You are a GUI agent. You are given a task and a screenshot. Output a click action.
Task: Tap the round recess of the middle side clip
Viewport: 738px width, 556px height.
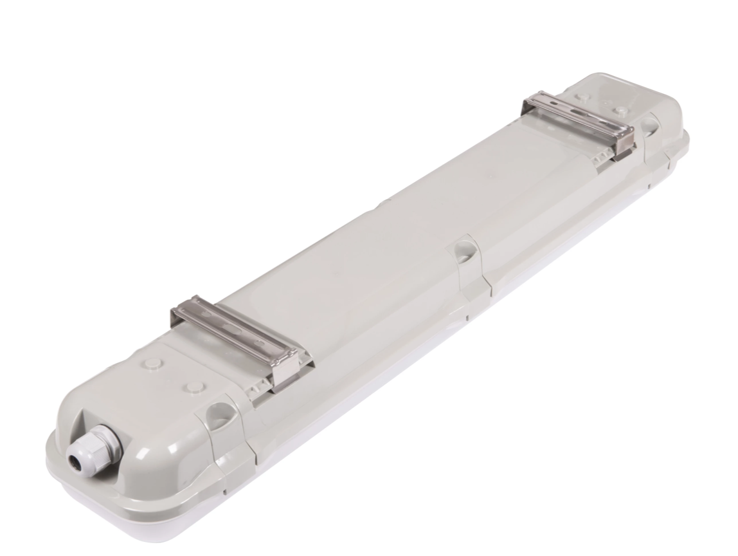pyautogui.click(x=463, y=250)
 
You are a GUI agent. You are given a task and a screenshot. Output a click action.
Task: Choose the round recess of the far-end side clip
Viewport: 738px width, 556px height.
pyautogui.click(x=651, y=124)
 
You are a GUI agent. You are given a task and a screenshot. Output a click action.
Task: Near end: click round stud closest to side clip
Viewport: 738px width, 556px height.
pyautogui.click(x=192, y=387)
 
